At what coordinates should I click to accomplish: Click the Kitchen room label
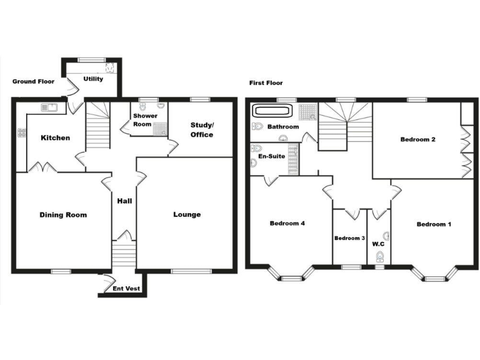(x=56, y=138)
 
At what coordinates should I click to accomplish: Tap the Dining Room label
(x=63, y=215)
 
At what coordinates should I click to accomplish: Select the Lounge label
(x=187, y=215)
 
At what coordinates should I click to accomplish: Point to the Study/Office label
(x=201, y=130)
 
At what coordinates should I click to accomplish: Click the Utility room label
(x=93, y=79)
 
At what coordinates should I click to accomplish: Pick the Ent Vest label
(x=126, y=289)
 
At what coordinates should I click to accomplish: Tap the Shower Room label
(x=145, y=120)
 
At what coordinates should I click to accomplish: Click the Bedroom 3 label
(x=349, y=238)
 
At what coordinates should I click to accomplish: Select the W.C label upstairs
(x=377, y=244)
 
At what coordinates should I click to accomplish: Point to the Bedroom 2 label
(x=418, y=139)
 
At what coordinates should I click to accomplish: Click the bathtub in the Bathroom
(x=271, y=111)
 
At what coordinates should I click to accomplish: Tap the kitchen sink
(x=49, y=108)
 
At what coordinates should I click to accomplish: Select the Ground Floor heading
(x=33, y=82)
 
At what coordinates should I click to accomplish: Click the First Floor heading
(x=266, y=83)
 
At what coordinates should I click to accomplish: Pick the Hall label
(x=124, y=201)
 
